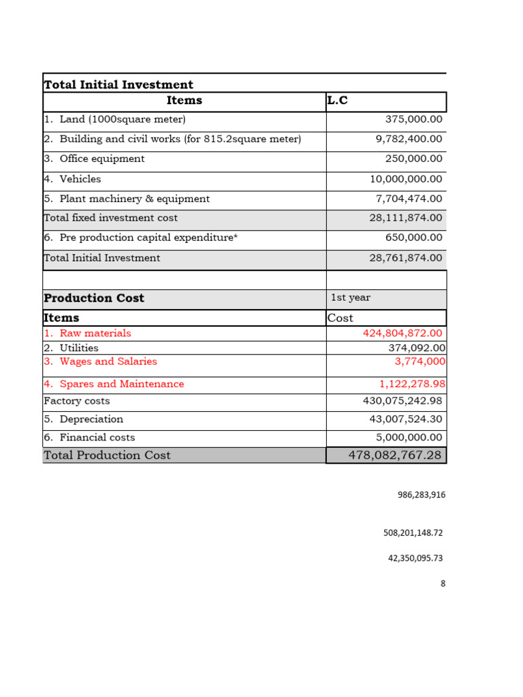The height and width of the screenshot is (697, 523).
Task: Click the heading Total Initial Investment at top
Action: (118, 84)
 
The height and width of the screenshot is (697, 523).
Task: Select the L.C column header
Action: (338, 101)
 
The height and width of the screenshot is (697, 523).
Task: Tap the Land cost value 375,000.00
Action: (413, 119)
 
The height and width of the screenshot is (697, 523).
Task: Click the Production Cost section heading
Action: (94, 298)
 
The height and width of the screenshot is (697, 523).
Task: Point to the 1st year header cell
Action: (351, 298)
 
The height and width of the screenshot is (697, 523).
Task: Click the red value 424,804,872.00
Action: (402, 333)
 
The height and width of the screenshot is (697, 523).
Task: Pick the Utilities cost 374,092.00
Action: (417, 348)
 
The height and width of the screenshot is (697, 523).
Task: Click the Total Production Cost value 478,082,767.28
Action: (395, 455)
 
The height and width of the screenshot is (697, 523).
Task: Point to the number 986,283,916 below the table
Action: (422, 495)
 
